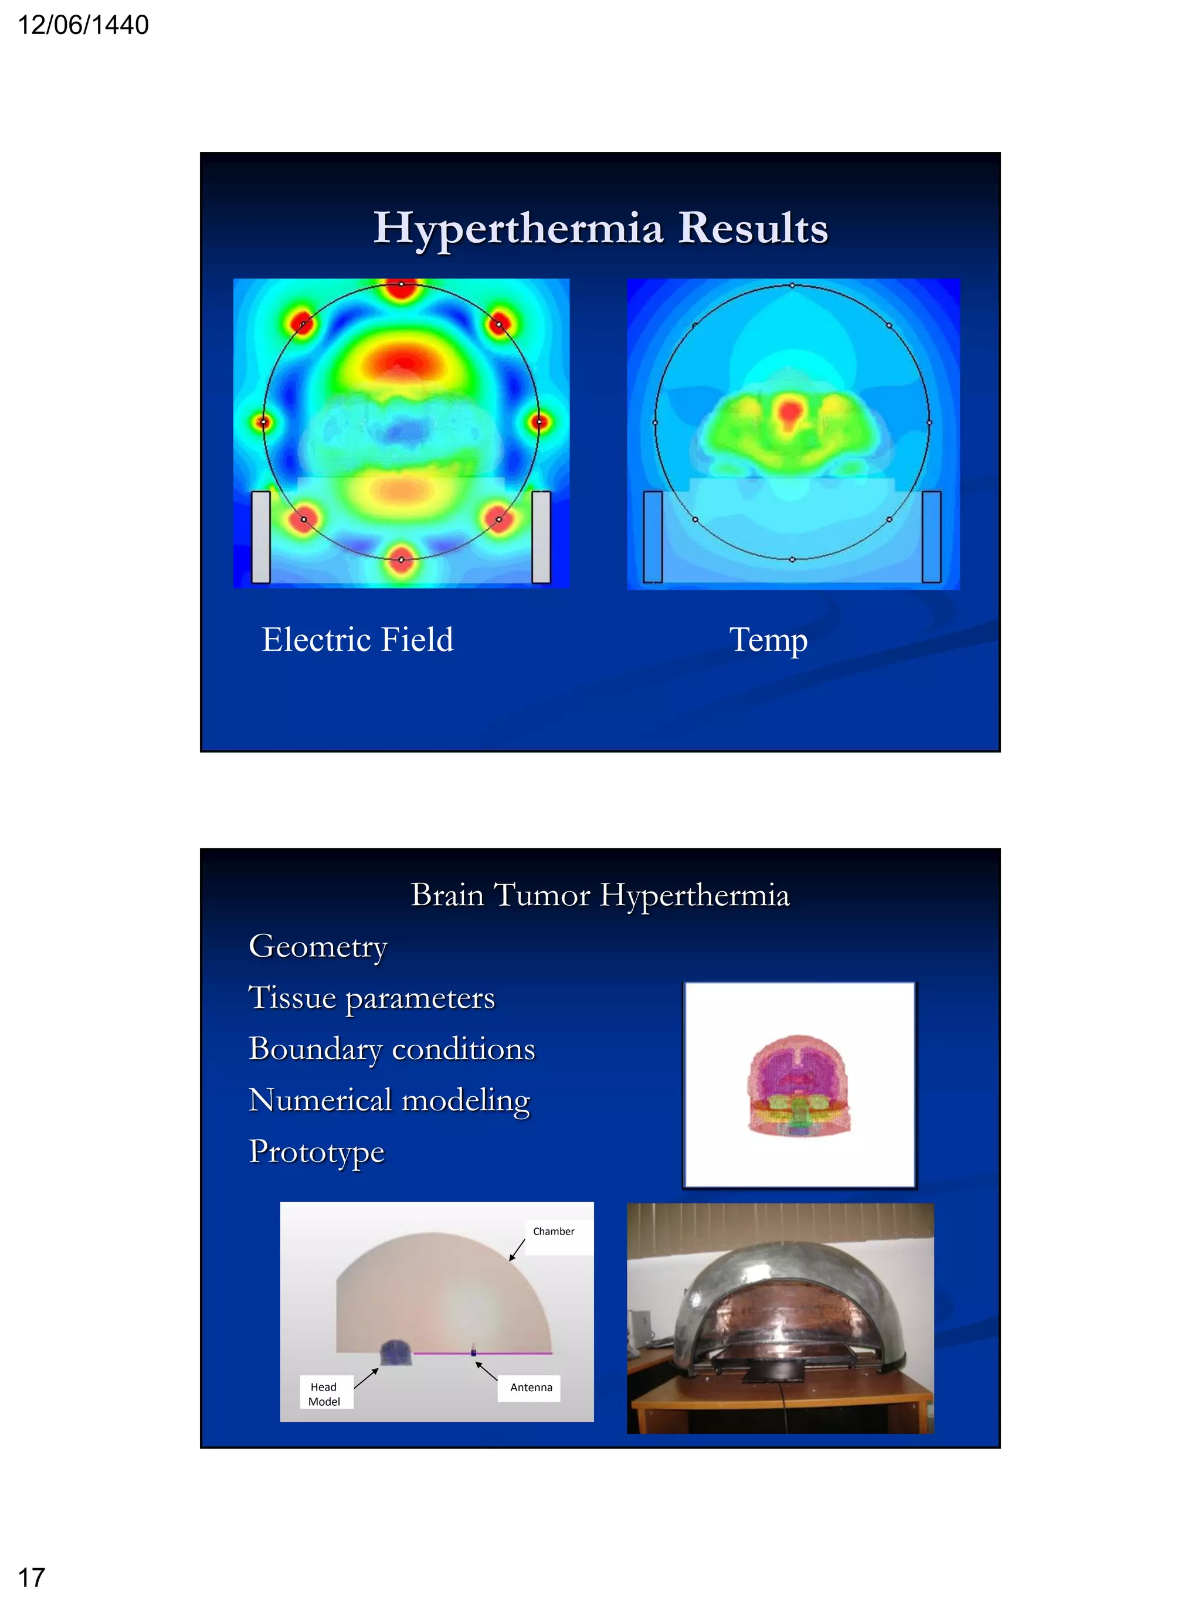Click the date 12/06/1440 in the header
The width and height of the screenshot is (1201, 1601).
pyautogui.click(x=83, y=25)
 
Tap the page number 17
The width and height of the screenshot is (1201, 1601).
pyautogui.click(x=31, y=1577)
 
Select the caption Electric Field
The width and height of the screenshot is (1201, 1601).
pyautogui.click(x=357, y=639)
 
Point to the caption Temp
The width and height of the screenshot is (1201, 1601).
pyautogui.click(x=768, y=640)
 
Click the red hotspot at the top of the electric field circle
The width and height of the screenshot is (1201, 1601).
pyautogui.click(x=401, y=287)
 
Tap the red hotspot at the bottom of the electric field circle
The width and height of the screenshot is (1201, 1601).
pyautogui.click(x=401, y=559)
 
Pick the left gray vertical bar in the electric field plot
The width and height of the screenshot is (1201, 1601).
pyautogui.click(x=260, y=536)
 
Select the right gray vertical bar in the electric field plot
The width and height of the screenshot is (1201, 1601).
pyautogui.click(x=541, y=536)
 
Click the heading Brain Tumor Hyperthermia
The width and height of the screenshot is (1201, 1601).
pyautogui.click(x=599, y=895)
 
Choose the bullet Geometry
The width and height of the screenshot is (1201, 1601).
pyautogui.click(x=318, y=946)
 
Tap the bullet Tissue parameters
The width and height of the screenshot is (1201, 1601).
pyautogui.click(x=371, y=997)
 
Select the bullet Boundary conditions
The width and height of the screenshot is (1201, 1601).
pyautogui.click(x=392, y=1049)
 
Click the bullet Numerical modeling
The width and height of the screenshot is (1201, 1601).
pyautogui.click(x=389, y=1100)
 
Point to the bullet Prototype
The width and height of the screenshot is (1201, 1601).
pyautogui.click(x=316, y=1151)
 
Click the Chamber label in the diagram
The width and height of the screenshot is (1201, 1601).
pyautogui.click(x=553, y=1231)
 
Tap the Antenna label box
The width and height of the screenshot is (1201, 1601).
pyautogui.click(x=531, y=1388)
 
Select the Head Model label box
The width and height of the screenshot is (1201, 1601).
pyautogui.click(x=324, y=1394)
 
